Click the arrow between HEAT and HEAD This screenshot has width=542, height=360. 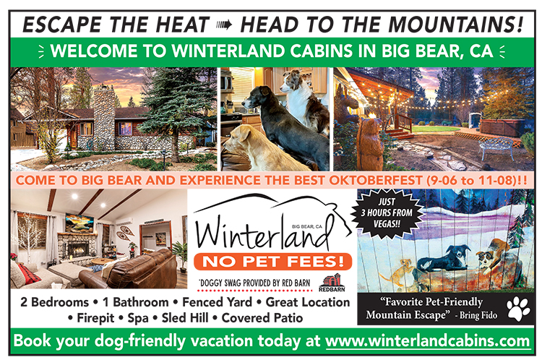tap(224, 25)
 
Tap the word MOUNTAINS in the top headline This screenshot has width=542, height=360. tap(455, 25)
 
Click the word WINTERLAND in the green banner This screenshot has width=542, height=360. tap(228, 51)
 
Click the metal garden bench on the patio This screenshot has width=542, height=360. tap(496, 147)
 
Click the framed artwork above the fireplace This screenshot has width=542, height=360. tap(79, 223)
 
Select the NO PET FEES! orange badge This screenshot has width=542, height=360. tap(273, 261)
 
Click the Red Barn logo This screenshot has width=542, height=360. tap(332, 283)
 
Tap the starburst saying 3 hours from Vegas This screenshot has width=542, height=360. tap(387, 213)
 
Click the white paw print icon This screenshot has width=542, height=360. tap(518, 309)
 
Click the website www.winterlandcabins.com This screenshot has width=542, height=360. tap(428, 341)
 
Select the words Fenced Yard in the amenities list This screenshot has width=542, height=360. tap(217, 302)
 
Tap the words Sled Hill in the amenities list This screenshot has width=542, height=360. tap(185, 318)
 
